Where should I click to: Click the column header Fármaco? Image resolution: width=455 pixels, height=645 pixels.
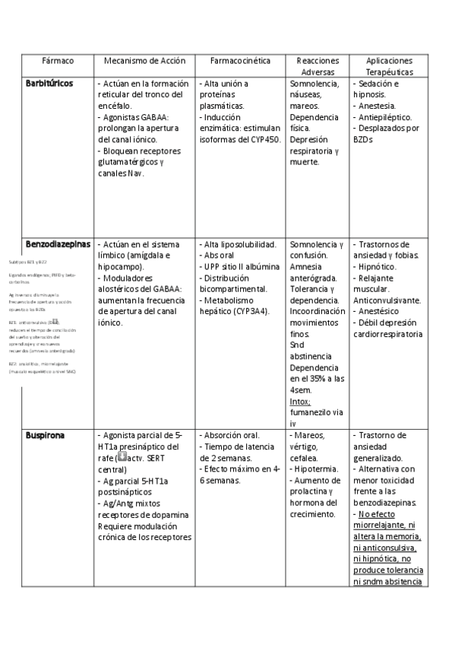[x=56, y=60]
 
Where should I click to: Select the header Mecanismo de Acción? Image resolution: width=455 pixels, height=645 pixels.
[x=144, y=60]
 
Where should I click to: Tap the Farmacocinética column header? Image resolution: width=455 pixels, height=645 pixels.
[x=239, y=60]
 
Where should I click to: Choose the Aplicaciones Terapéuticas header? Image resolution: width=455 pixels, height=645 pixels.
[x=389, y=65]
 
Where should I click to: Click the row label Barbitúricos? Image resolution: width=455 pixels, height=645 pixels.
[x=49, y=83]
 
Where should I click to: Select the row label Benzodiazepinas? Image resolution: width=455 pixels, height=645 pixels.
[x=58, y=244]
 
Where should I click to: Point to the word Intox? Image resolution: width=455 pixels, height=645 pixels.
[x=300, y=401]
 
